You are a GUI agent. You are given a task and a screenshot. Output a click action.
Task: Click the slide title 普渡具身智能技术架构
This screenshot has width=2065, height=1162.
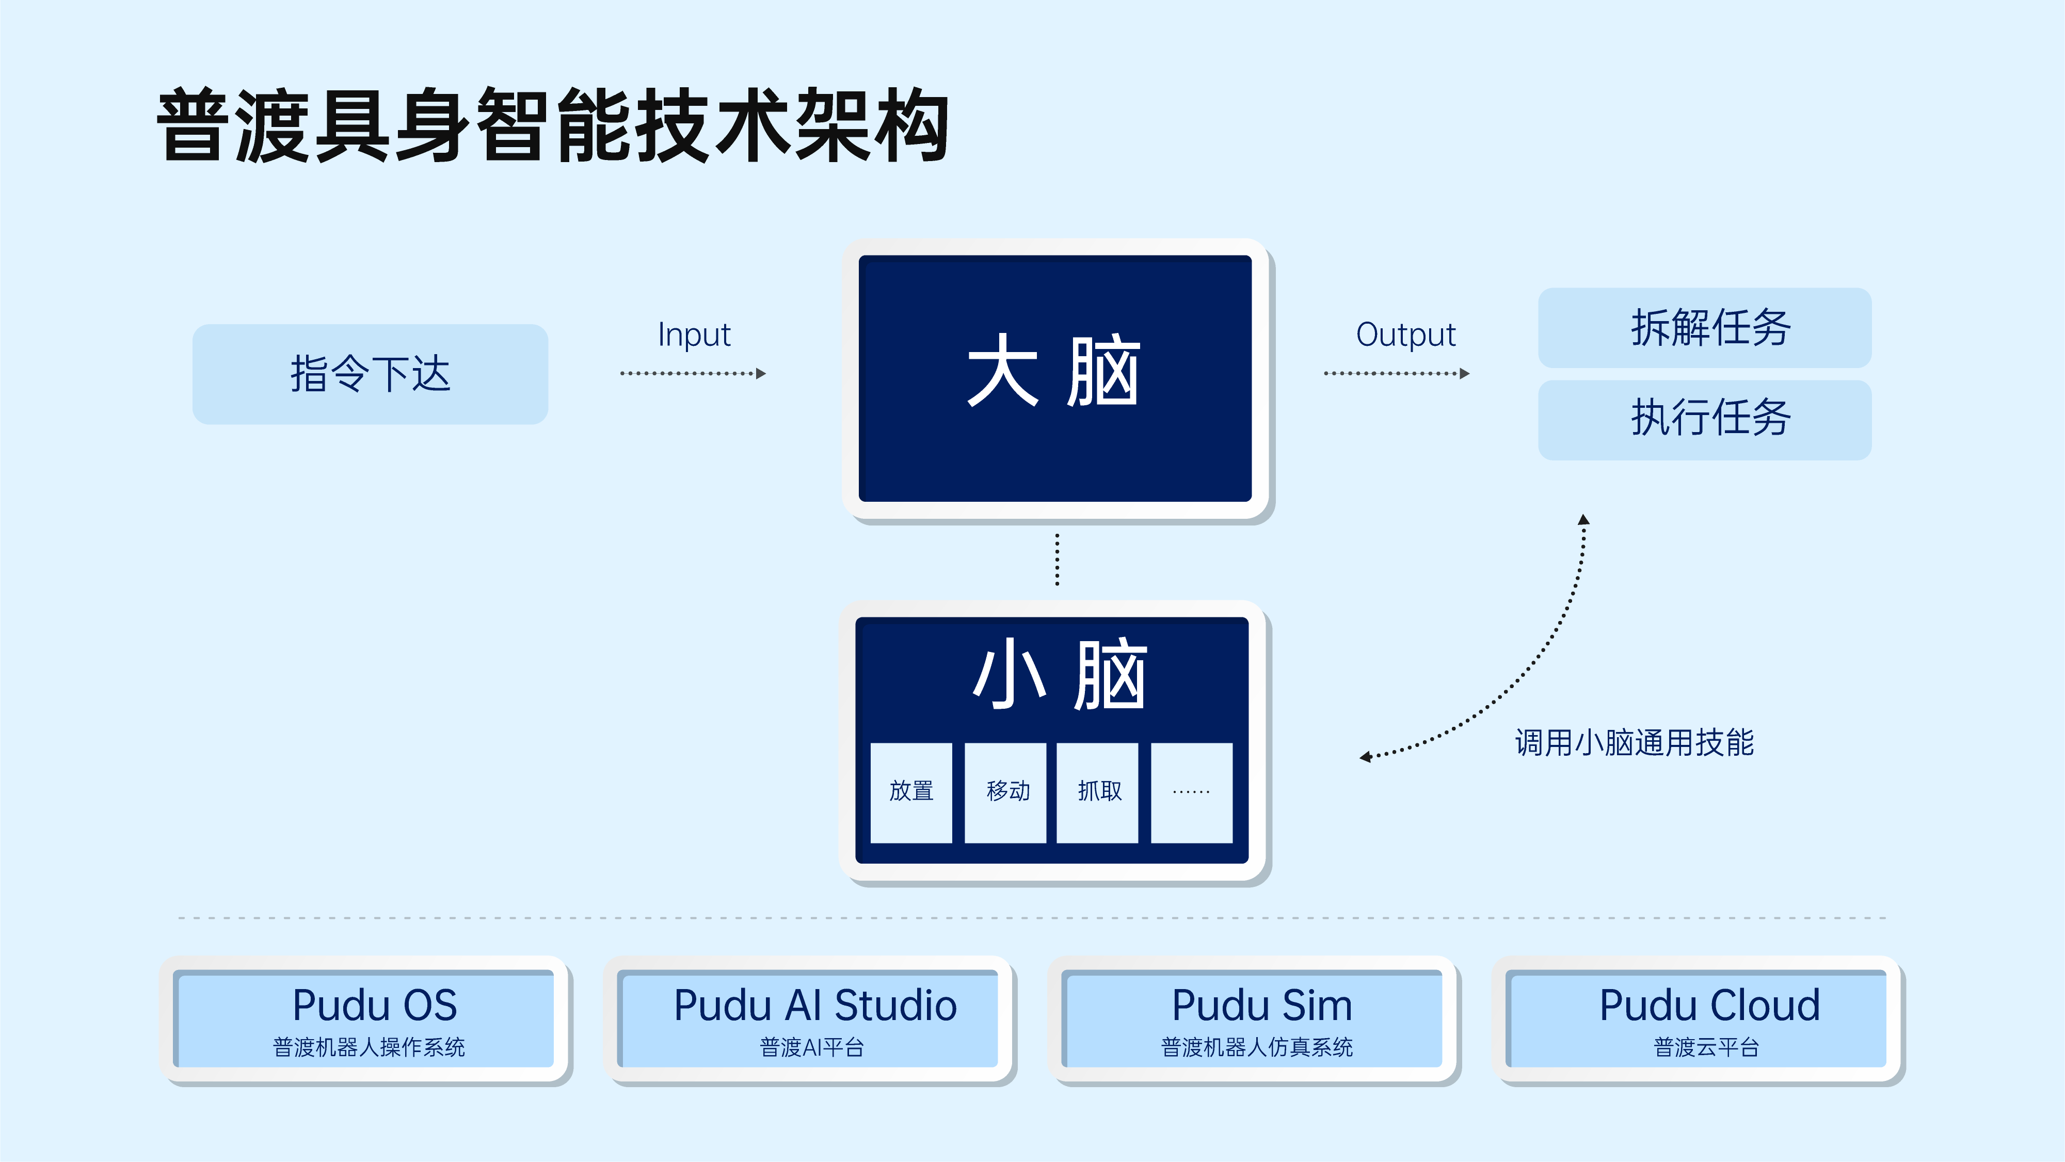pyautogui.click(x=553, y=126)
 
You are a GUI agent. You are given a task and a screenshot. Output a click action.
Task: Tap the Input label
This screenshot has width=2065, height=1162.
pyautogui.click(x=694, y=335)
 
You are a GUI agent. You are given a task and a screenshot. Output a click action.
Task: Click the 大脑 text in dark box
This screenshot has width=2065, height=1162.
pyautogui.click(x=1053, y=371)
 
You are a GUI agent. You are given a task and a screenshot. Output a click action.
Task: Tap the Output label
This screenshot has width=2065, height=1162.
pyautogui.click(x=1405, y=335)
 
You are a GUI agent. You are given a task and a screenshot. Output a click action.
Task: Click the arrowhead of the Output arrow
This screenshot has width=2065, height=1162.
pyautogui.click(x=1465, y=374)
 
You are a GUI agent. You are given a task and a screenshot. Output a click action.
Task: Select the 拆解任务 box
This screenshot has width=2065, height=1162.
pyautogui.click(x=1704, y=327)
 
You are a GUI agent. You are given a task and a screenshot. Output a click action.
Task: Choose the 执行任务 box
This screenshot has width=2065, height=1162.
pyautogui.click(x=1704, y=419)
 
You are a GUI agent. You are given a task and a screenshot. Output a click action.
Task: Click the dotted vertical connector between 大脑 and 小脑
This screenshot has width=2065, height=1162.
pyautogui.click(x=1058, y=560)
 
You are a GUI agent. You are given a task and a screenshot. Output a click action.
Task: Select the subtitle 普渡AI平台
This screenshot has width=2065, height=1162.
pyautogui.click(x=811, y=1047)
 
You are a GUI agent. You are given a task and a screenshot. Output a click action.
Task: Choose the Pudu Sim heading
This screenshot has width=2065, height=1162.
pyautogui.click(x=1262, y=1005)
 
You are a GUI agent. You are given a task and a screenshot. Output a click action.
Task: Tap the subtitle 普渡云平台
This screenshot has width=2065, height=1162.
pyautogui.click(x=1706, y=1047)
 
